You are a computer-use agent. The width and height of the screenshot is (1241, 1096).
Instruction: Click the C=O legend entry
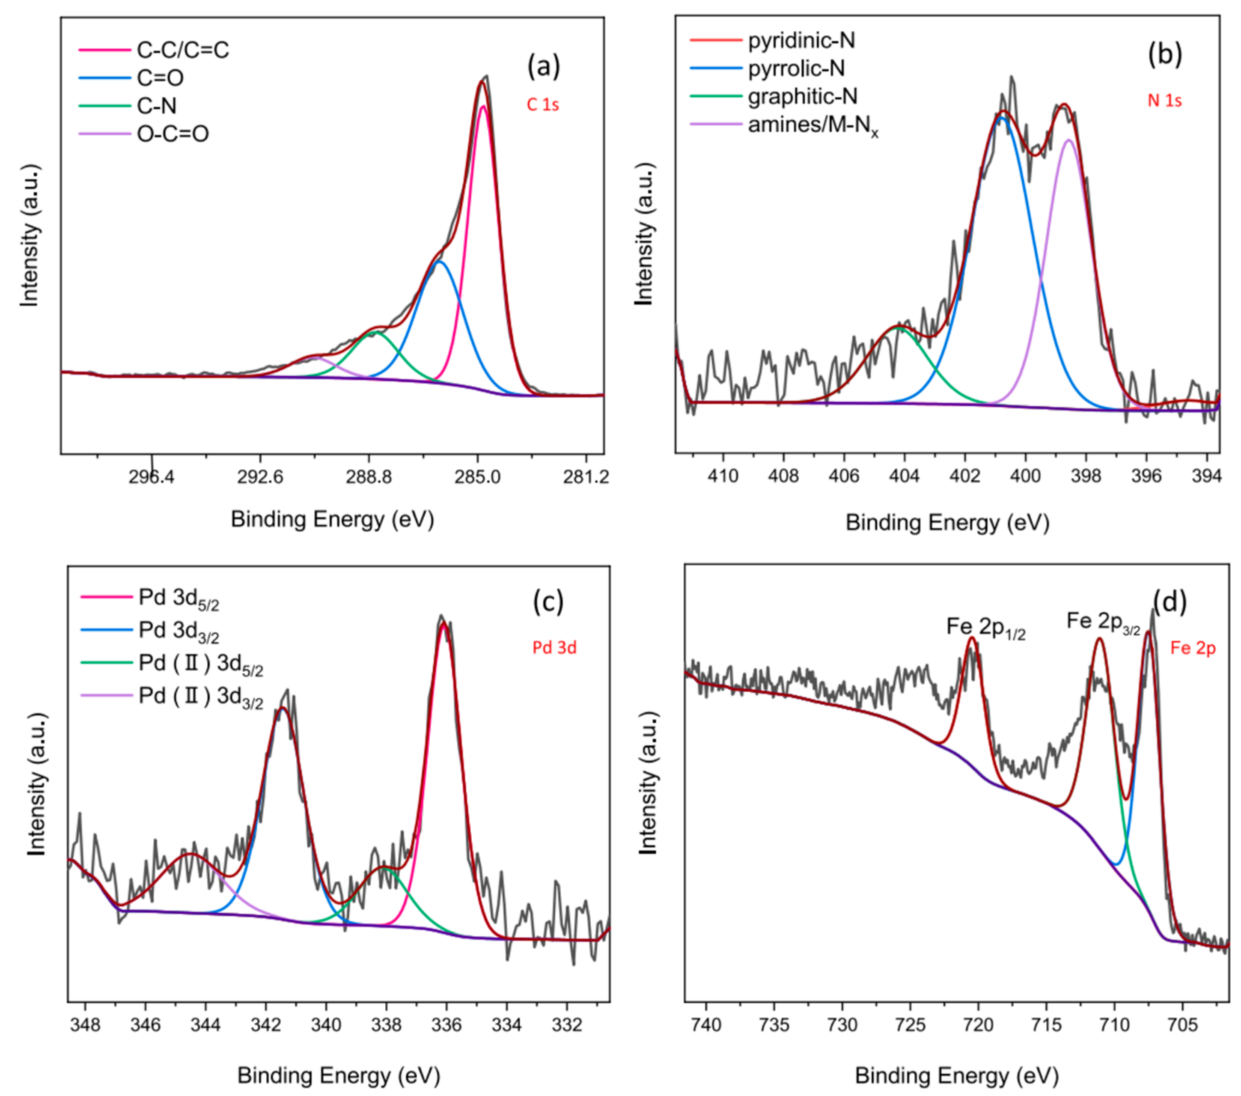160,78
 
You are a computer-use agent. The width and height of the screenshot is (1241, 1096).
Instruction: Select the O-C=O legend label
173,134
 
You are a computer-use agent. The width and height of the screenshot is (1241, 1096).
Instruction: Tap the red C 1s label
542,105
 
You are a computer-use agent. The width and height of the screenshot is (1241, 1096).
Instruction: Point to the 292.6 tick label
260,477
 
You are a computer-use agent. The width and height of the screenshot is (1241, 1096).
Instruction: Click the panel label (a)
543,66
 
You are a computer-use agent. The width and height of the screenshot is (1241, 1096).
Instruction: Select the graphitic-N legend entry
802,96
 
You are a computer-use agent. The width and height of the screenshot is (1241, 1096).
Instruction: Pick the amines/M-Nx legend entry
812,126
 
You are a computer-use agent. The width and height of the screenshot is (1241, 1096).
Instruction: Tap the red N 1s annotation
1164,101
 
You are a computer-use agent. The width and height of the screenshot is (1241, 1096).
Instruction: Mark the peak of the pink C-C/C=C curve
483,107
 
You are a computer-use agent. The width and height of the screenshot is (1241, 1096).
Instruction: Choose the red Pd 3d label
554,648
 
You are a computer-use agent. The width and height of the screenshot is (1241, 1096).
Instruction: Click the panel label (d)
1169,601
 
